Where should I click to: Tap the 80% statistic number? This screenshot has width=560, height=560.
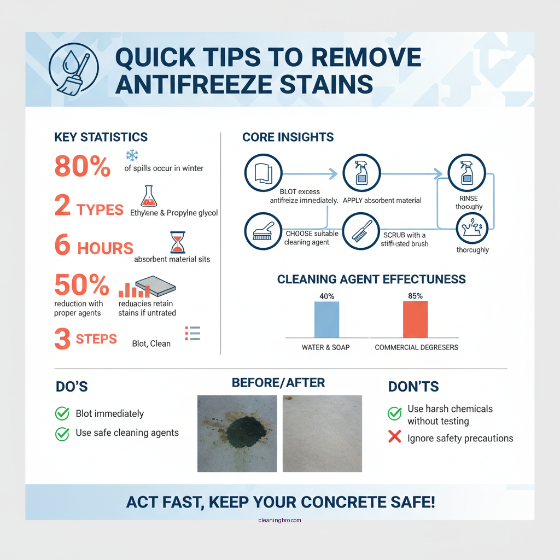83,166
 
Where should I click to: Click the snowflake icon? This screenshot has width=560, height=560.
132,155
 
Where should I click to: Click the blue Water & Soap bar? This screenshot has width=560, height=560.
326,319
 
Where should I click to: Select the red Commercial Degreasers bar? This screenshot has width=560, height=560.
415,319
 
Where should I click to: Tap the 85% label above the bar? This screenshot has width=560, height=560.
415,296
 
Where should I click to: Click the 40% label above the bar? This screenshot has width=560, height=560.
326,296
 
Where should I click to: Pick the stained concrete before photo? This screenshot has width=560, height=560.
237,433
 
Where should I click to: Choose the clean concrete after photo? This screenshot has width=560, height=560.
322,433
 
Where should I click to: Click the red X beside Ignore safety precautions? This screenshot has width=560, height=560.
394,437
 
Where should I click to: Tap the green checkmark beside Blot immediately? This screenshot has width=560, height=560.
62,413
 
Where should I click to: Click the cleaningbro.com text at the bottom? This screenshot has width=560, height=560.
279,521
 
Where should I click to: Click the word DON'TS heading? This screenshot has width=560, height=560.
414,387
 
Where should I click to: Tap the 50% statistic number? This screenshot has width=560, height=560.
82,285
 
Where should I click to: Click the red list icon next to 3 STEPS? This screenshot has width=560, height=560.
193,334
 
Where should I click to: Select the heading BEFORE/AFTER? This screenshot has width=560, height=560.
278,382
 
